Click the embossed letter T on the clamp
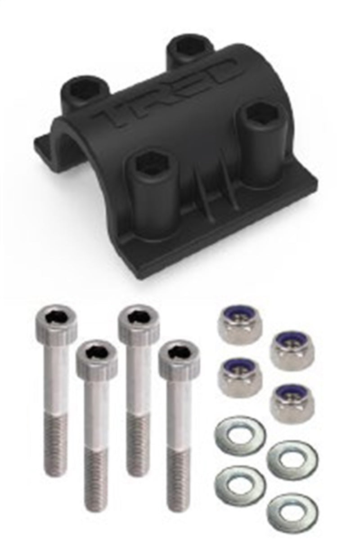pyautogui.click(x=116, y=112)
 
